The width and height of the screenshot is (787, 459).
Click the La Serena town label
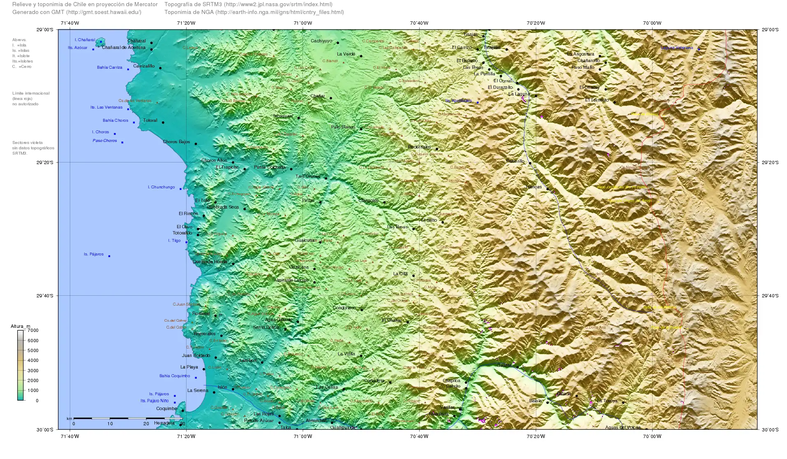[198, 391]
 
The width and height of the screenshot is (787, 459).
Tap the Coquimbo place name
[166, 409]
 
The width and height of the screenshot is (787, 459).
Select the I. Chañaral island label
[85, 40]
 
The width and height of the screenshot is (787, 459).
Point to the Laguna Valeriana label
[676, 48]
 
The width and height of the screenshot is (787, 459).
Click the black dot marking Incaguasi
[299, 118]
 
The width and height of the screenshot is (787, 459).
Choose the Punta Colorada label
[269, 167]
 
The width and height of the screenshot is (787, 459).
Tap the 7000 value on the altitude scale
[33, 330]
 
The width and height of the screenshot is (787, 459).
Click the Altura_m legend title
[21, 326]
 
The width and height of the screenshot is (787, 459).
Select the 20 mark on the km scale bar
[146, 424]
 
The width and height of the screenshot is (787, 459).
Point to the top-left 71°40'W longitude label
[69, 23]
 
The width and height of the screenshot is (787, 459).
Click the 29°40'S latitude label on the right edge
[770, 296]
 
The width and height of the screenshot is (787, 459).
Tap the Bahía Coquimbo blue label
[175, 376]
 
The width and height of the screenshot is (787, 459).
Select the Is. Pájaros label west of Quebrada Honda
[94, 254]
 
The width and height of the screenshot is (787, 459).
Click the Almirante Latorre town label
[291, 280]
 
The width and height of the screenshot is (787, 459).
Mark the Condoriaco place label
[344, 308]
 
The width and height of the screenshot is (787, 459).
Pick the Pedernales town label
[419, 147]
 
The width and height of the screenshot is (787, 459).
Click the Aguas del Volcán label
[623, 427]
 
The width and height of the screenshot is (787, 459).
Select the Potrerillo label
[515, 161]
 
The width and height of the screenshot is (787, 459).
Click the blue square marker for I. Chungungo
[180, 189]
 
